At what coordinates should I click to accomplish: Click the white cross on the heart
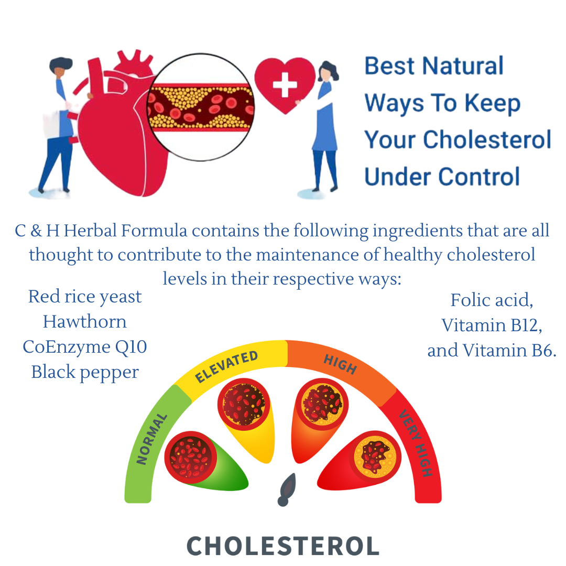point(285,85)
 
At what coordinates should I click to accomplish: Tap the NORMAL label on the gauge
point(152,439)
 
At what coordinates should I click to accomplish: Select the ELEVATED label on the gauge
point(226,366)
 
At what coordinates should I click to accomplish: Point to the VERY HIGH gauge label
point(416,443)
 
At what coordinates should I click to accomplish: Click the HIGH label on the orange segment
point(341,364)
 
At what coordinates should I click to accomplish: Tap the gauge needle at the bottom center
point(287,489)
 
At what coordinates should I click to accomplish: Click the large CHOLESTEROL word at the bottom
point(283,546)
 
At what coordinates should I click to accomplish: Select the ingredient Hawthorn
point(85,321)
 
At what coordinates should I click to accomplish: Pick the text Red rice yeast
point(85,297)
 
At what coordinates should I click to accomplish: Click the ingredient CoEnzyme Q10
point(85,346)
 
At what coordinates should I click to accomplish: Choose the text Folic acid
point(491,300)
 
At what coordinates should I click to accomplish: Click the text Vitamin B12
point(491,325)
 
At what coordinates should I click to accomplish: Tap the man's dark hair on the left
point(61,64)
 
